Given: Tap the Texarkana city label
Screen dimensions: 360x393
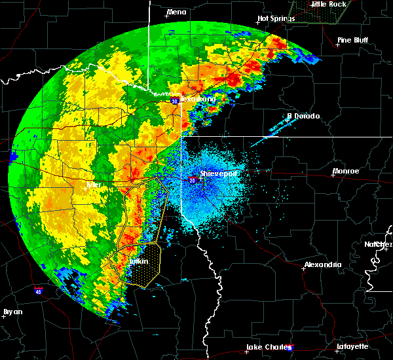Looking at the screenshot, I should pyautogui.click(x=197, y=99).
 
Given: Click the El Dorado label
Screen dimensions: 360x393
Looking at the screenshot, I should pyautogui.click(x=303, y=117).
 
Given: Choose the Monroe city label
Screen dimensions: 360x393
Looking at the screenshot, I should pyautogui.click(x=345, y=171).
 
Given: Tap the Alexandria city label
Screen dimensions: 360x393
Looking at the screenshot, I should pyautogui.click(x=322, y=265).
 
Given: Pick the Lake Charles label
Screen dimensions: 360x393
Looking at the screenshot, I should pyautogui.click(x=268, y=347).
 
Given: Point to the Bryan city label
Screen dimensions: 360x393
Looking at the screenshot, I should pyautogui.click(x=13, y=312).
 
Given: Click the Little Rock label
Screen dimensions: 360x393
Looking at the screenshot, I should pyautogui.click(x=328, y=4).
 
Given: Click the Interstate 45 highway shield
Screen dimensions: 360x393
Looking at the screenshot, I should pyautogui.click(x=39, y=289).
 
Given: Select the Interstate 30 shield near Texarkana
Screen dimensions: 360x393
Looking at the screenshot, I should pyautogui.click(x=174, y=101).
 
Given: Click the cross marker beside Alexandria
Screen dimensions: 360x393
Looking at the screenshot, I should pyautogui.click(x=302, y=268).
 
